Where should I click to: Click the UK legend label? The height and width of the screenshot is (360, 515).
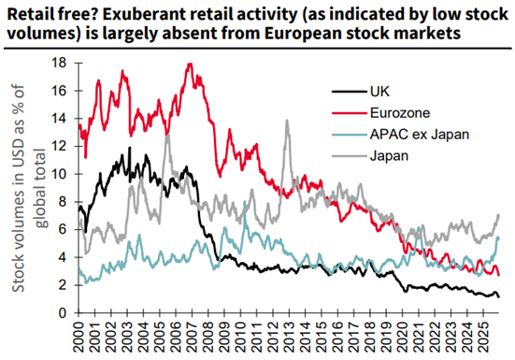(379, 92)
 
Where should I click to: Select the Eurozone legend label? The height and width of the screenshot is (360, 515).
(400, 112)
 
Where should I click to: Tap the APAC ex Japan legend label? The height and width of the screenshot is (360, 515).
(420, 135)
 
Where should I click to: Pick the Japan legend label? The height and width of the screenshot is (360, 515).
(389, 155)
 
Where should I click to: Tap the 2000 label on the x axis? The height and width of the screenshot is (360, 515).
(79, 337)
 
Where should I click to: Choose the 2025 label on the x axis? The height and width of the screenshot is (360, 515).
(483, 337)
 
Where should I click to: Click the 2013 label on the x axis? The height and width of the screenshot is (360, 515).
(290, 337)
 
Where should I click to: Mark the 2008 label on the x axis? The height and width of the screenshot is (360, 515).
(208, 337)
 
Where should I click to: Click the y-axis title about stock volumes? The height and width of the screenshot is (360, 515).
(29, 188)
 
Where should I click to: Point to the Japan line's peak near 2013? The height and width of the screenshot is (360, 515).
(287, 121)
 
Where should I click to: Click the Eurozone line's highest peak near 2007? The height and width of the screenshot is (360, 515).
(190, 65)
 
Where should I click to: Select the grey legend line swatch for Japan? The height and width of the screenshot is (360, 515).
(350, 156)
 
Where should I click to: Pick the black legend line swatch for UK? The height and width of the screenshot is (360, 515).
(350, 92)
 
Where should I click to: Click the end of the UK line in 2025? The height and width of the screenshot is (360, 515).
(499, 297)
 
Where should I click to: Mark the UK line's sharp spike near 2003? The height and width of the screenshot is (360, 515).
(130, 148)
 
